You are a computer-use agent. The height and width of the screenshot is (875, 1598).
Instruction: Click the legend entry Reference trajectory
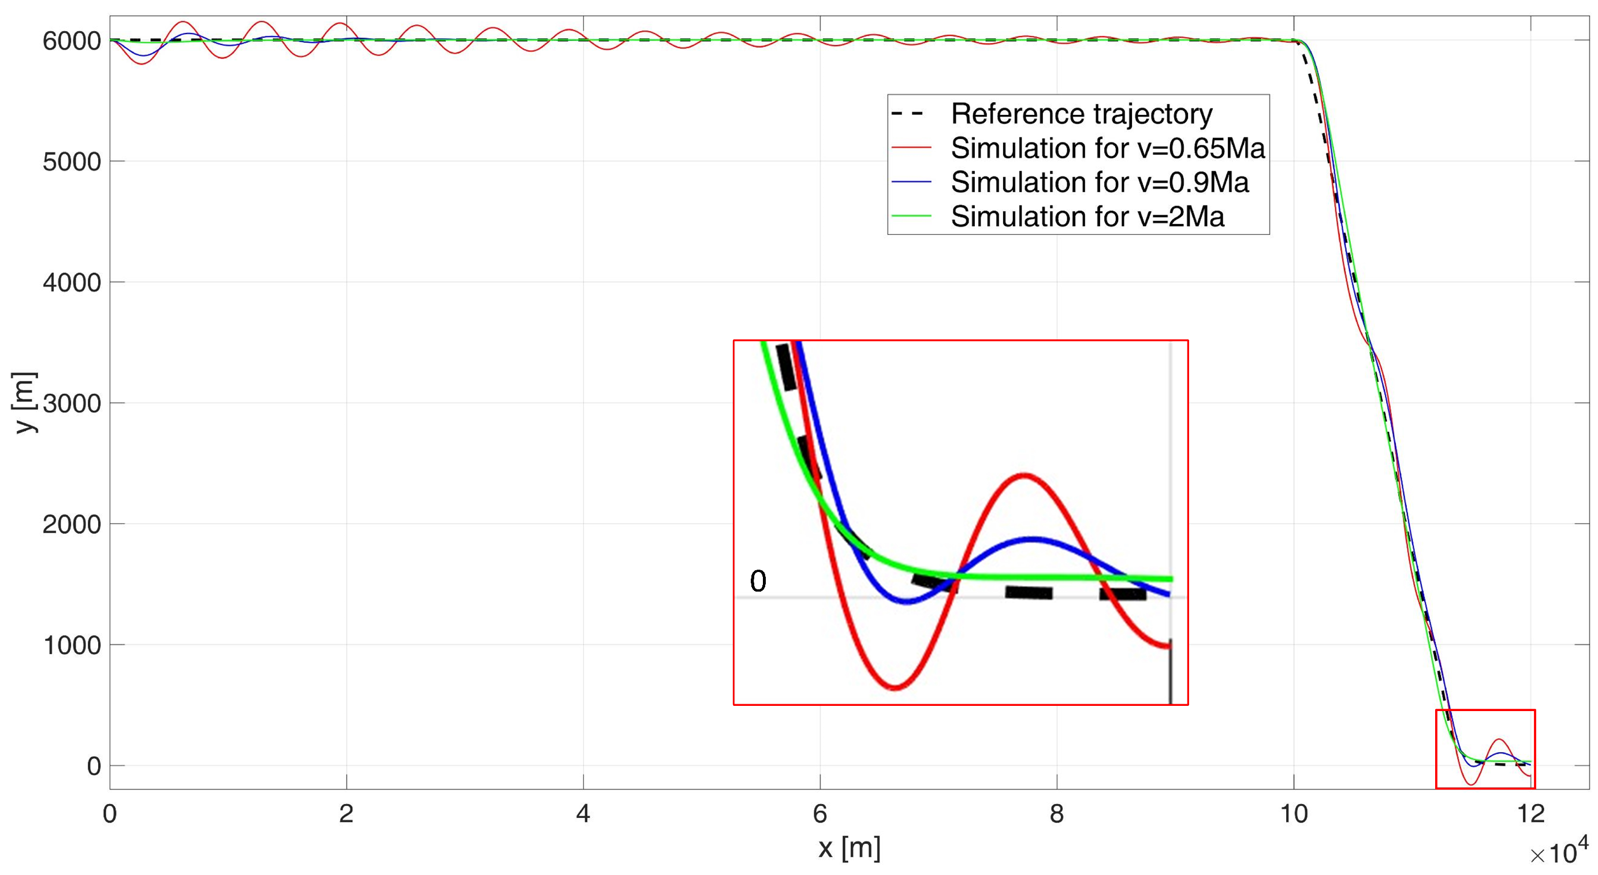tap(1081, 114)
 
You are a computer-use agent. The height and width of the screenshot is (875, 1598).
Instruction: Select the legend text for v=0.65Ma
tap(1107, 148)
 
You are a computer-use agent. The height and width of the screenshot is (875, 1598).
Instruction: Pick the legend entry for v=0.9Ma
tap(1099, 182)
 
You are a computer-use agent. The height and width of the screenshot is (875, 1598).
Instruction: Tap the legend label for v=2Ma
tap(1087, 216)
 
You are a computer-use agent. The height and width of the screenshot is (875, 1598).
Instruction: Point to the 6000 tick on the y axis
tap(72, 41)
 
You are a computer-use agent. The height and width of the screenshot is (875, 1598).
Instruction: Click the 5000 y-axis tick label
tap(72, 162)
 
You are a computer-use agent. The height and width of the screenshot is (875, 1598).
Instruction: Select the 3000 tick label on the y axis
tap(72, 403)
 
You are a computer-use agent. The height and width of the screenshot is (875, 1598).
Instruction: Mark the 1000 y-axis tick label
tap(72, 645)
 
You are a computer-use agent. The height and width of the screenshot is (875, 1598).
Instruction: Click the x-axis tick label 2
tap(346, 814)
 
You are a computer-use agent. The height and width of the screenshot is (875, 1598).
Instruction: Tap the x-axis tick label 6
tap(820, 814)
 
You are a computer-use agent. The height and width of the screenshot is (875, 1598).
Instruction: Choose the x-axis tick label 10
tap(1294, 814)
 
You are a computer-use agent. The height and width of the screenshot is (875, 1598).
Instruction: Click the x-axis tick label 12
tap(1531, 814)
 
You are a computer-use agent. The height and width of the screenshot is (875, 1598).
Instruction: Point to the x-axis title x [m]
tap(848, 848)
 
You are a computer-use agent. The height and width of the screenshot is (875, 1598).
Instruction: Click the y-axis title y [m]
tap(25, 402)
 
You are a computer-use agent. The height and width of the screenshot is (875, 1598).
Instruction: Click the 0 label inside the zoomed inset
tap(758, 581)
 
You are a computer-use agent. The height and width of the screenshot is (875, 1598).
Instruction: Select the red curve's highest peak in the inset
tap(1024, 476)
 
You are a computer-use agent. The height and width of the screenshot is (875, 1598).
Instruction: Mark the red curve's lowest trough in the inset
tap(895, 687)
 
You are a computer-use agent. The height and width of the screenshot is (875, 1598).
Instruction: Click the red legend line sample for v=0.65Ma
tap(911, 148)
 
